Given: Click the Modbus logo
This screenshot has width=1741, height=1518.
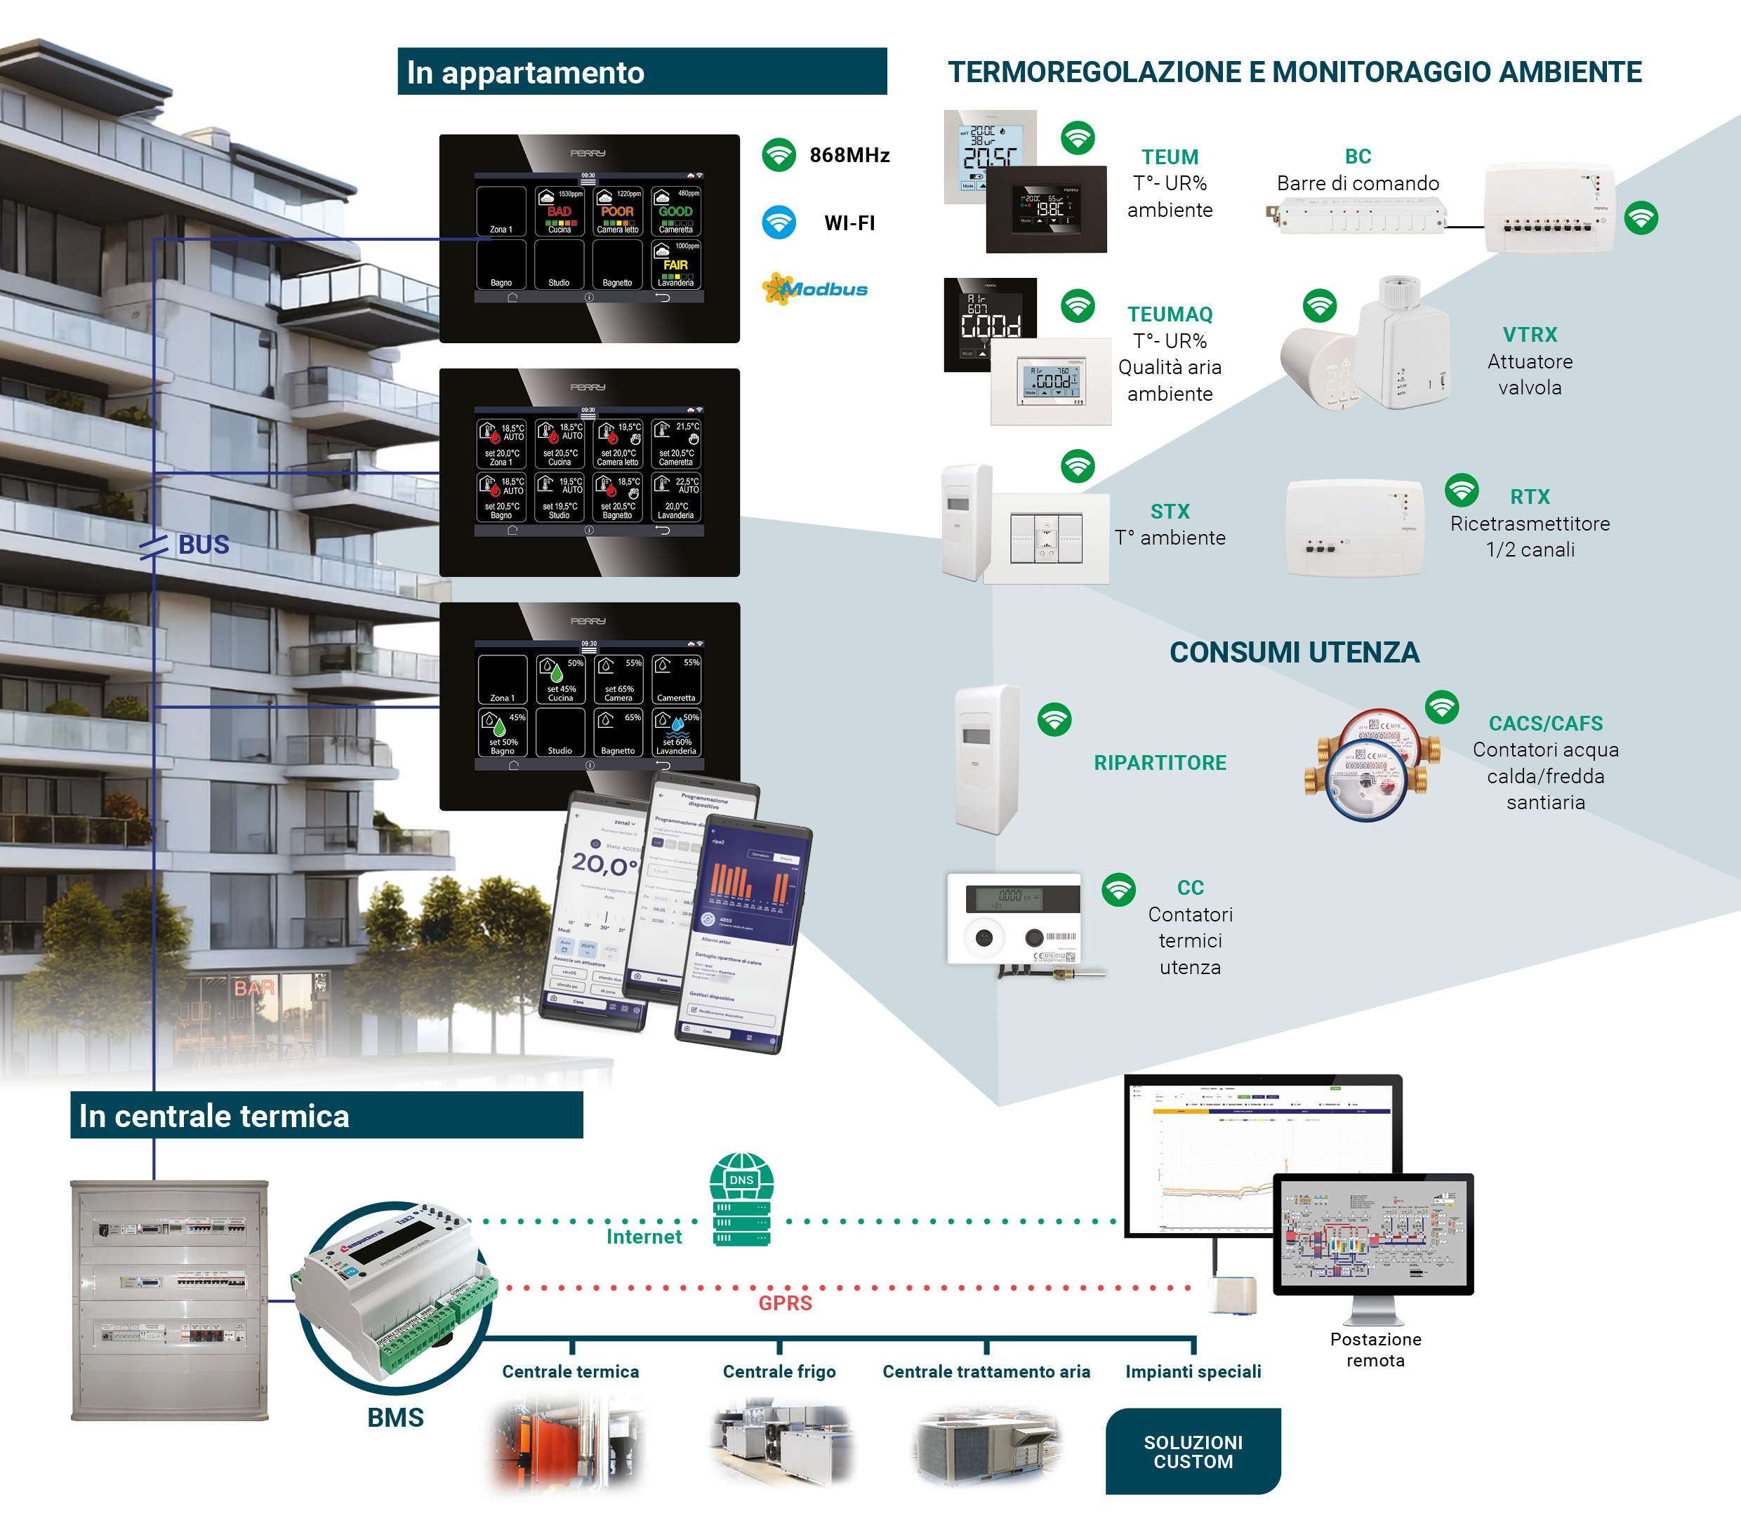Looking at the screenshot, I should (815, 290).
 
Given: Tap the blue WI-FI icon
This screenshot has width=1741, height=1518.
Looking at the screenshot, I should (779, 222).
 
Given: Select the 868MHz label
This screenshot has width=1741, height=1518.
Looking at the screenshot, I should (849, 155).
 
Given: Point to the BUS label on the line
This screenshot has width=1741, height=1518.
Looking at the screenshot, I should (204, 545).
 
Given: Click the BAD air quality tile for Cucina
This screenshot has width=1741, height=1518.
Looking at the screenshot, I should (559, 212).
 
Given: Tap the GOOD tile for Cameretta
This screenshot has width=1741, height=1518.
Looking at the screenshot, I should (675, 212).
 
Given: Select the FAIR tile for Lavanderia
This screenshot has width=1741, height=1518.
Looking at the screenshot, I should (675, 265).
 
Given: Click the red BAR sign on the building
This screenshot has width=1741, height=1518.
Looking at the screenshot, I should (254, 987).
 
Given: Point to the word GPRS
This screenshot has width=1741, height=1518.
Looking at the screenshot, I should (785, 1303).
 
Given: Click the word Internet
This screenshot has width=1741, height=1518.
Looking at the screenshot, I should (644, 1237).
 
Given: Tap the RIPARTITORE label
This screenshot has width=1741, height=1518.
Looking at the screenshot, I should (1160, 762).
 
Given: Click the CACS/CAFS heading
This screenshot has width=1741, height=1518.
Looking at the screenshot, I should (1545, 724).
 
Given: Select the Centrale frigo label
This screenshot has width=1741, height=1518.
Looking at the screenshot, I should (779, 1371).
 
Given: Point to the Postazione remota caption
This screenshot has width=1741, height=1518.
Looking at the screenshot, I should (1375, 1350).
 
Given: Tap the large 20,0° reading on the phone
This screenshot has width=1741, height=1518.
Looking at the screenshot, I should (603, 864).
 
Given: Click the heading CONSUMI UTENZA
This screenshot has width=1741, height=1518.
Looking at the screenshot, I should (1294, 652).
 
